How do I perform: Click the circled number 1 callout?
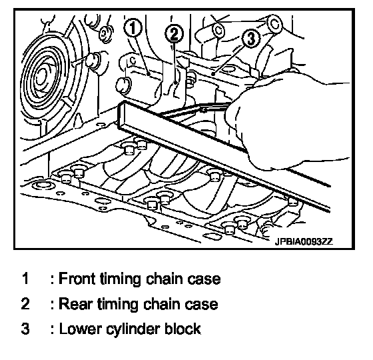133,28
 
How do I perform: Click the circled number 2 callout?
175,34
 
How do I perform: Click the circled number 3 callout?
252,38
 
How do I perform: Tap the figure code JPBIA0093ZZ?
304,241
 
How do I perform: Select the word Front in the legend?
77,279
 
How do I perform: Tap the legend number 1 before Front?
25,279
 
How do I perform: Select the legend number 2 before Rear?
25,304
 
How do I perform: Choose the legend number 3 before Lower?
25,329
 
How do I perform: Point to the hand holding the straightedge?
286,124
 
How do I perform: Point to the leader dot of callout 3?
213,74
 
